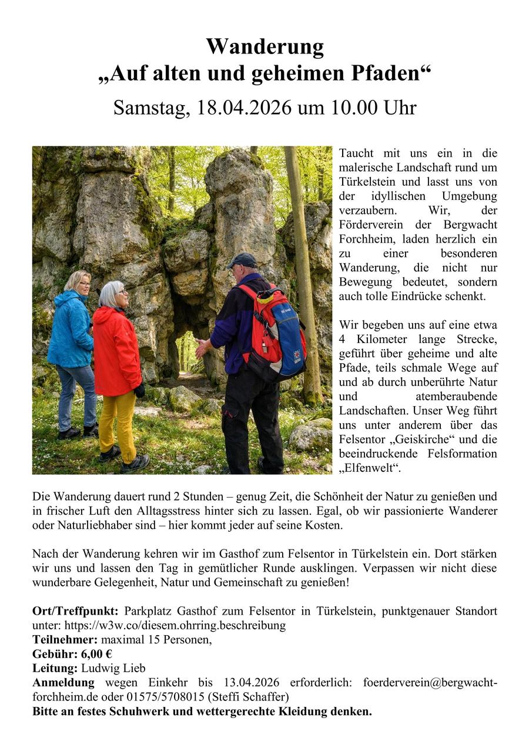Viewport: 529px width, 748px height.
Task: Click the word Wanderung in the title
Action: (264, 47)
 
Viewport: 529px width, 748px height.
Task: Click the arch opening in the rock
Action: (187, 353)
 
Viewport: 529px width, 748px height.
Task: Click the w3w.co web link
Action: (175, 625)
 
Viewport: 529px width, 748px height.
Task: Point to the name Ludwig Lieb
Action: (113, 668)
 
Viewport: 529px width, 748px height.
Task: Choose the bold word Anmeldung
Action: (63, 683)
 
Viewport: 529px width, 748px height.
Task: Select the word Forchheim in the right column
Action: (367, 239)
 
